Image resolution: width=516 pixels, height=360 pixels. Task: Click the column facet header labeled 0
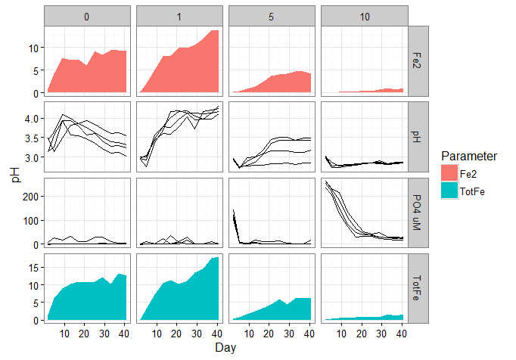pyautogui.click(x=88, y=16)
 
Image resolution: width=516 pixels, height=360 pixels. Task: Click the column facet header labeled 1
pyautogui.click(x=179, y=16)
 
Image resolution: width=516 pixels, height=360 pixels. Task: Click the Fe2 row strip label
pyautogui.click(x=419, y=61)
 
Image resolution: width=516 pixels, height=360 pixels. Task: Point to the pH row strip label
pyautogui.click(x=419, y=137)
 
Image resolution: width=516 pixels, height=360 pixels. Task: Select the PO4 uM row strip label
pyautogui.click(x=419, y=213)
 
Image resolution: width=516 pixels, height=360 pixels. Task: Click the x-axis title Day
pyautogui.click(x=225, y=347)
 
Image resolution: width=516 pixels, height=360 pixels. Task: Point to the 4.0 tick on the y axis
pyautogui.click(x=32, y=119)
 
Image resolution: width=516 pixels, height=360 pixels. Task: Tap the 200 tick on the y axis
pyautogui.click(x=30, y=196)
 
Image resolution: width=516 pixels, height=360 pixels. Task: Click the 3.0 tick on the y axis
pyautogui.click(x=32, y=158)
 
